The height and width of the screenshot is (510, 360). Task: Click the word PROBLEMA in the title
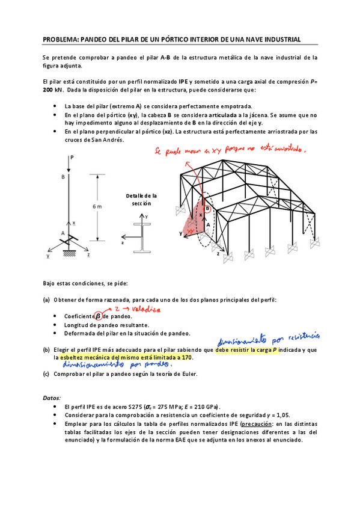tap(60, 40)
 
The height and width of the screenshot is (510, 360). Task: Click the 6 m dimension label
tap(97, 206)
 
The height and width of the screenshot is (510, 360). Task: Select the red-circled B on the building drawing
tap(208, 209)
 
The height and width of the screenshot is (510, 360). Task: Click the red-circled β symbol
tap(98, 316)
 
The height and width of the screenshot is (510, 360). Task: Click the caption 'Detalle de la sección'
tap(141, 200)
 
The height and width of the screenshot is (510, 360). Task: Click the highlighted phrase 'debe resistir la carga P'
tap(247, 349)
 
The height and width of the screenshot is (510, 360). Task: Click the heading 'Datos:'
tap(51, 398)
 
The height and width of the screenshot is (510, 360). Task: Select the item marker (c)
tap(46, 373)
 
